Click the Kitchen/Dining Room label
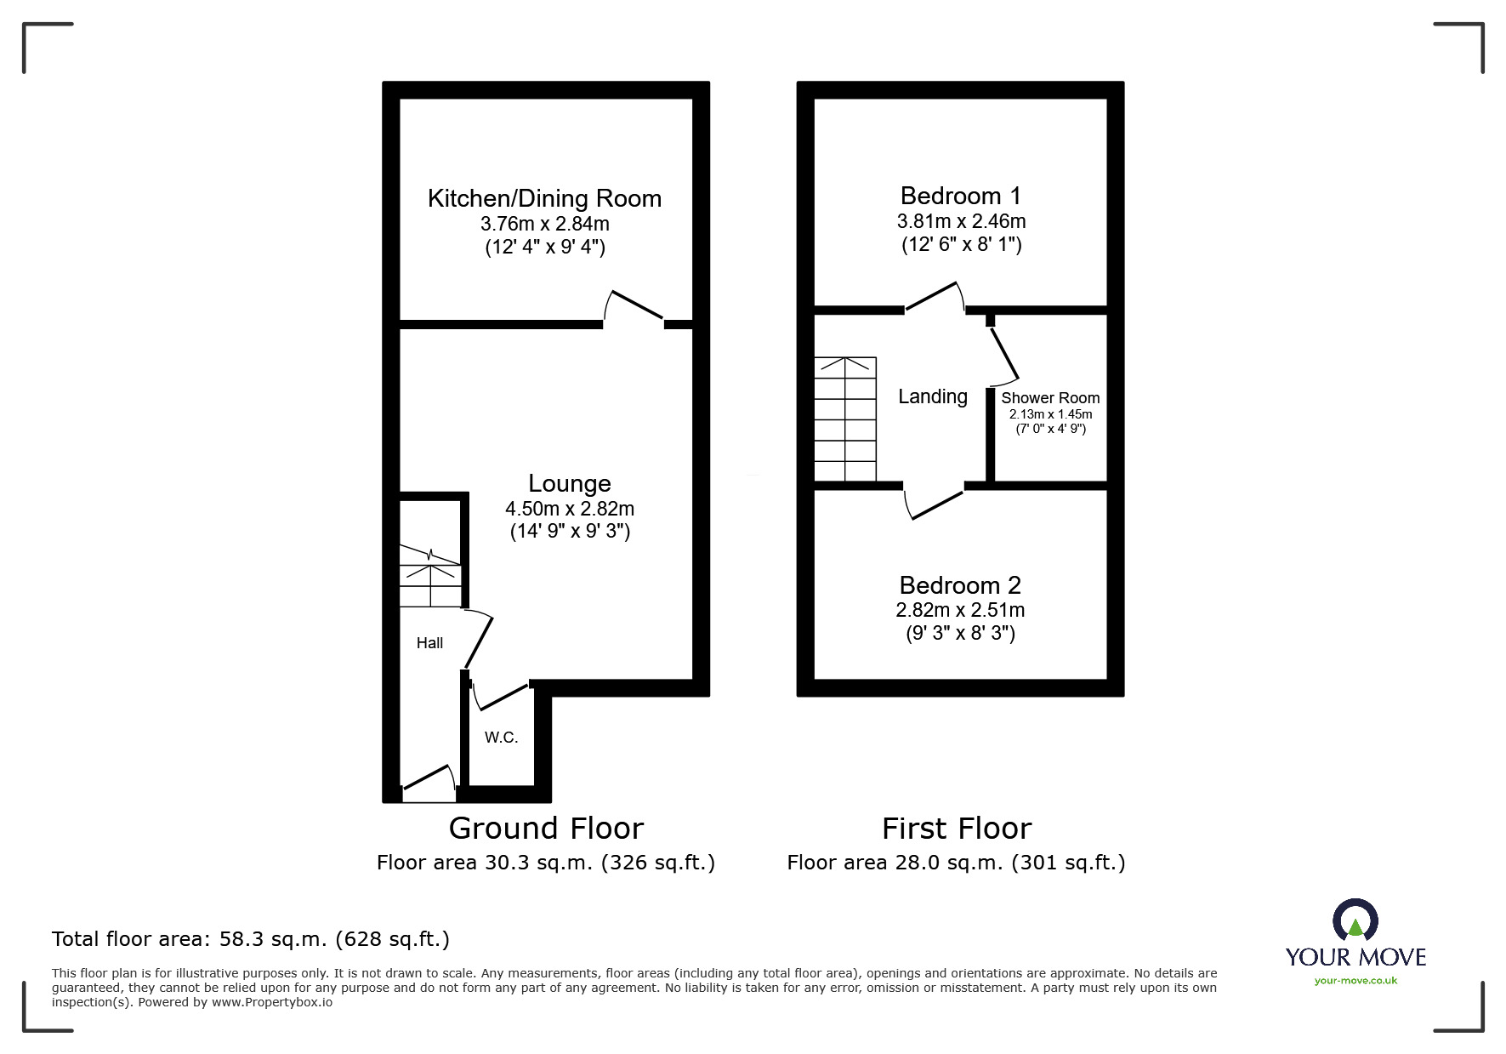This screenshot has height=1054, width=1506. pyautogui.click(x=544, y=199)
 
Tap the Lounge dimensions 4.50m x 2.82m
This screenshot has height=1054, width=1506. pyautogui.click(x=570, y=509)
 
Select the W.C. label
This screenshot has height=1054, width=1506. pyautogui.click(x=501, y=738)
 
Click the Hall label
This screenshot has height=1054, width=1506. pyautogui.click(x=429, y=643)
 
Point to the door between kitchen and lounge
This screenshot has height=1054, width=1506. pyautogui.click(x=634, y=308)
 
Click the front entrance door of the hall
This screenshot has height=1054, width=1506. pyautogui.click(x=428, y=780)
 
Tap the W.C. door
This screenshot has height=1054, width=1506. pyautogui.click(x=502, y=694)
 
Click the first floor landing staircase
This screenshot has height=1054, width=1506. pyautogui.click(x=845, y=419)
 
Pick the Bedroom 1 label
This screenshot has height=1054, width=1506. pyautogui.click(x=960, y=197)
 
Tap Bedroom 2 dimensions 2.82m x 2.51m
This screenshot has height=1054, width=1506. pyautogui.click(x=960, y=611)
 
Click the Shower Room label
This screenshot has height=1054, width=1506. pyautogui.click(x=1050, y=398)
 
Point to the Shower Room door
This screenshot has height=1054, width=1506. pyautogui.click(x=1004, y=353)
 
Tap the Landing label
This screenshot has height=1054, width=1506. pyautogui.click(x=933, y=396)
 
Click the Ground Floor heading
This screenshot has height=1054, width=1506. pyautogui.click(x=546, y=828)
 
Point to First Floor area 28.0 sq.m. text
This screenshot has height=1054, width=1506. pyautogui.click(x=956, y=863)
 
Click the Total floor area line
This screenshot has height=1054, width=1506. pyautogui.click(x=251, y=939)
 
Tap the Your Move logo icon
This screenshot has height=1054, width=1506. pyautogui.click(x=1355, y=922)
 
